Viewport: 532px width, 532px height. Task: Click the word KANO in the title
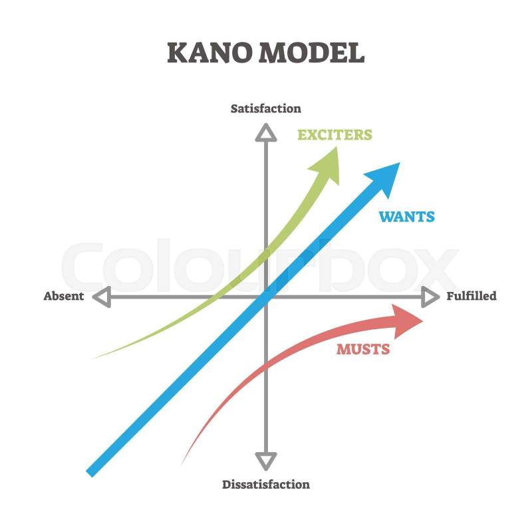coord(210,53)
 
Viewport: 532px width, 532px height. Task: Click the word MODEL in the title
coord(312,53)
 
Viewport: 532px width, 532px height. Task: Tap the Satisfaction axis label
coord(265,108)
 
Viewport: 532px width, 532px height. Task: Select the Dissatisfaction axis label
coord(265,484)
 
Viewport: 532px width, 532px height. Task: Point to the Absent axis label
coord(63,296)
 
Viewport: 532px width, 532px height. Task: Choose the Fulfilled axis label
coord(471,296)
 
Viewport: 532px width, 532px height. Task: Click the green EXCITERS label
coord(335,135)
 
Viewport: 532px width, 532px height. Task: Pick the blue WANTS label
coord(406,217)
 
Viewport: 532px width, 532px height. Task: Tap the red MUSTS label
coord(363,349)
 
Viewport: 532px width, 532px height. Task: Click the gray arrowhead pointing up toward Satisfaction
coord(266,132)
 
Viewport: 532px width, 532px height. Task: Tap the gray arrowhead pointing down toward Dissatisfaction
coord(266,461)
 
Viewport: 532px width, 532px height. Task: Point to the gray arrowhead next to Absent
coord(102,297)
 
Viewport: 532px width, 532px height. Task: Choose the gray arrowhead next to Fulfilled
coord(430,297)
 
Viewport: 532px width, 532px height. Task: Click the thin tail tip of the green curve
coord(92,359)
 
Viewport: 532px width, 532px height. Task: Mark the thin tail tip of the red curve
coord(182,465)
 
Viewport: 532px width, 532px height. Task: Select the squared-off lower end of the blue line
coord(90,473)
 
